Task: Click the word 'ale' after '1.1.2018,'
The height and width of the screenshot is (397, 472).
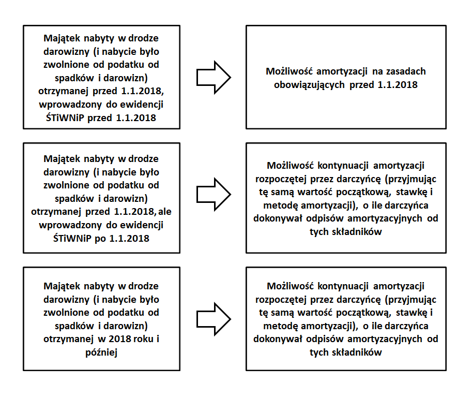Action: [166, 212]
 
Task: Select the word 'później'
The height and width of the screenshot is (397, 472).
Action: [101, 352]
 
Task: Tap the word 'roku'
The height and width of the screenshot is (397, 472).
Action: [139, 339]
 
